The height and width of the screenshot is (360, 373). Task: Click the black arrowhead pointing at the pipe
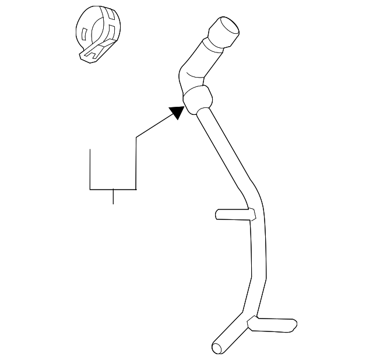pos(176,111)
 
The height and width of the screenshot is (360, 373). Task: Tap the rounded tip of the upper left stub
pos(217,214)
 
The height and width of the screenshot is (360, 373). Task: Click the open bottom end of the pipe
pos(217,348)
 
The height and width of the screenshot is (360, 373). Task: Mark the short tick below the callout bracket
pos(112,197)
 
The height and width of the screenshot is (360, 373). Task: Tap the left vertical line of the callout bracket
pos(90,169)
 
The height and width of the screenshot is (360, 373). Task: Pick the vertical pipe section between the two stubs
pos(258,263)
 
